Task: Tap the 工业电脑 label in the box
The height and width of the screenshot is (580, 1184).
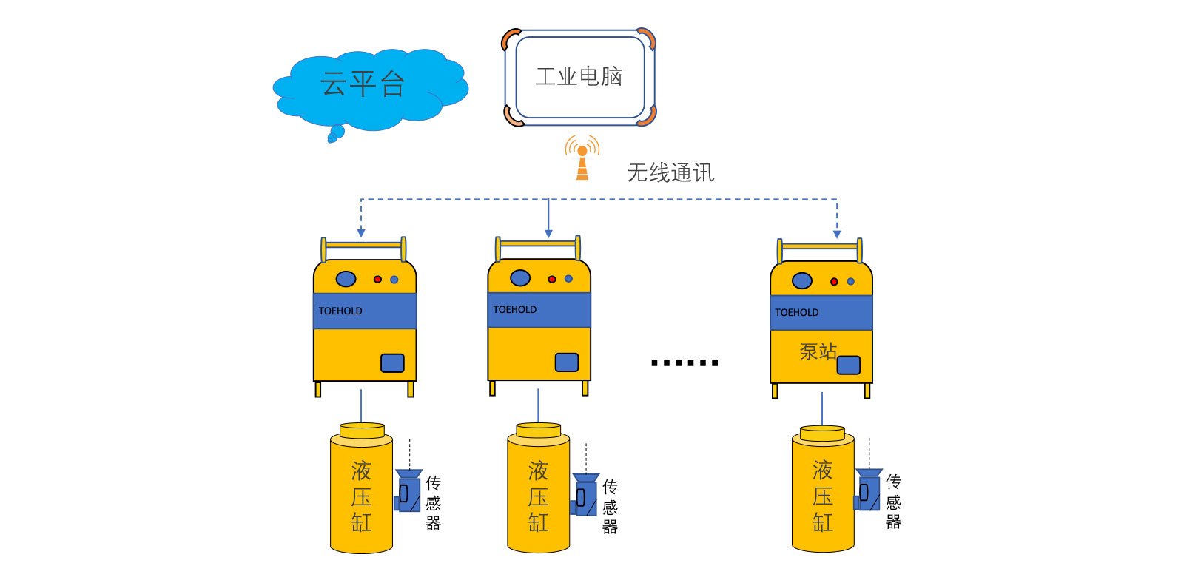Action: tap(579, 76)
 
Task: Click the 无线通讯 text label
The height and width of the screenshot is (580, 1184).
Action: tap(670, 173)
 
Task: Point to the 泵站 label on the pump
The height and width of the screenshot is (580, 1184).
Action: tap(818, 351)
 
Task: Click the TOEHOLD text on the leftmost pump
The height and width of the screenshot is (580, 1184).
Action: tap(340, 311)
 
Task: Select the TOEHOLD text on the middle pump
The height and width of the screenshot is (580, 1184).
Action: tap(515, 310)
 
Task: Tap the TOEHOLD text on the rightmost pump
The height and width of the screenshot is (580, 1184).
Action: tap(797, 313)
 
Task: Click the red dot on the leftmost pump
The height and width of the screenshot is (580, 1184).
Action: tap(377, 280)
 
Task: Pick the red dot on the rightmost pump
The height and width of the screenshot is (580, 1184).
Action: tap(834, 282)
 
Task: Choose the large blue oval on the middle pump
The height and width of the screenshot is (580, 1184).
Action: tap(520, 278)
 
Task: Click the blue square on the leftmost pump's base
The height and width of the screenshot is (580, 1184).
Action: tap(392, 363)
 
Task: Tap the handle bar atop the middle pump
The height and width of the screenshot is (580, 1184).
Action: tap(538, 243)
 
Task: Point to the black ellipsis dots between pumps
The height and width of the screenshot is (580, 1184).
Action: tap(684, 363)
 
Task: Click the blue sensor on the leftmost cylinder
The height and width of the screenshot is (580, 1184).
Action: tap(408, 491)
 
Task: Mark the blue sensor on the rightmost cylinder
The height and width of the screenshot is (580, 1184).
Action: tap(869, 491)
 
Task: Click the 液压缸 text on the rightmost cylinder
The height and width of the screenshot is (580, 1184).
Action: tap(823, 496)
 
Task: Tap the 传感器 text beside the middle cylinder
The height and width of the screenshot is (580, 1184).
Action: tap(610, 507)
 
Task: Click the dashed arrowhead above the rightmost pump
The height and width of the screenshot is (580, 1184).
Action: tap(837, 235)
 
